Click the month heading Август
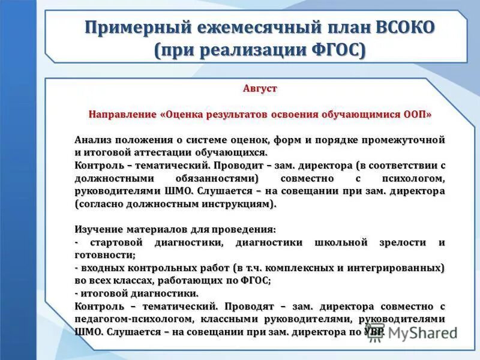(x=260, y=88)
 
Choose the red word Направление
(x=123, y=113)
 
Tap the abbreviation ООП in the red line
(x=418, y=113)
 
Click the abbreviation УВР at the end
(x=372, y=332)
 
